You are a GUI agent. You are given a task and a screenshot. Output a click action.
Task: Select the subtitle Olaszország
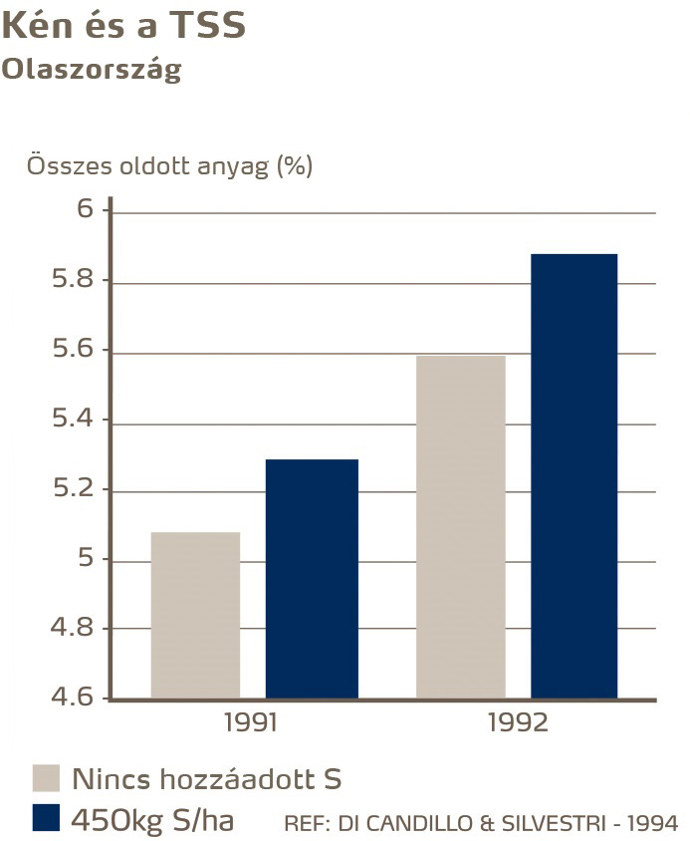tap(92, 71)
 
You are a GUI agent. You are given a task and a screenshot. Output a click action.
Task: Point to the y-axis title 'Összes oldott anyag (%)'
tap(169, 165)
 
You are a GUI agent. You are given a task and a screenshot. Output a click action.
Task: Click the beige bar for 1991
tap(195, 615)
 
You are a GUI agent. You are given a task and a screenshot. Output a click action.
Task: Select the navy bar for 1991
tap(312, 578)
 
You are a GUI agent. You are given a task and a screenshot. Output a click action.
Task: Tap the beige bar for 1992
tap(461, 526)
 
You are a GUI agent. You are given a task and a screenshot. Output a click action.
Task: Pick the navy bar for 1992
tap(574, 475)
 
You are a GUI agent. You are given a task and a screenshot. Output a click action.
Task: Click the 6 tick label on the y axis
tap(85, 210)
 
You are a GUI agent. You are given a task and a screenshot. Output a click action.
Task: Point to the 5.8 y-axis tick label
tap(72, 280)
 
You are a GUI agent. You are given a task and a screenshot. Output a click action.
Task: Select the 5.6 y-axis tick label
tap(72, 351)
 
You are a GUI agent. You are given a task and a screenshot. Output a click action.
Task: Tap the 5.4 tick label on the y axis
tap(72, 420)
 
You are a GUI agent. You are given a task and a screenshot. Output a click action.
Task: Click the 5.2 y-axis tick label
tap(72, 490)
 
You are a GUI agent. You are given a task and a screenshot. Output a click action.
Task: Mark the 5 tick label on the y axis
tap(85, 559)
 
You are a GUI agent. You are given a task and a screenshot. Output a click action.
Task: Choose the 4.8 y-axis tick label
tap(72, 629)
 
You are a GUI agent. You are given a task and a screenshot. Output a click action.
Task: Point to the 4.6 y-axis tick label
tap(72, 698)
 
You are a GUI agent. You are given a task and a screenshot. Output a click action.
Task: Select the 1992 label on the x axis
tap(518, 722)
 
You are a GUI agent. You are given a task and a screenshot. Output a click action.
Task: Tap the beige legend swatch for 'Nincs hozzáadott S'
tap(47, 778)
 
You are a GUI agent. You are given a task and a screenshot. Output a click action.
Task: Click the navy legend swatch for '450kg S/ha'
tap(47, 818)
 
